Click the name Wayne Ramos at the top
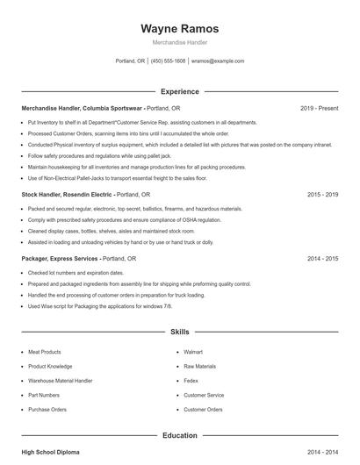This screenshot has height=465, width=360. tap(179, 29)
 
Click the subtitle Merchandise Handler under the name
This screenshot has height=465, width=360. tap(179, 43)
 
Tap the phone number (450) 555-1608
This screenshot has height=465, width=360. tap(168, 61)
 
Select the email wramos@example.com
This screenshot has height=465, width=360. tap(218, 61)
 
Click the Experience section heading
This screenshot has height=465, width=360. tap(179, 91)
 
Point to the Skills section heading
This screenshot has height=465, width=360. tap(179, 333)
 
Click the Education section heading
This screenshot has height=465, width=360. tap(179, 435)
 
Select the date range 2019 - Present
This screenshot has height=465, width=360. tap(319, 108)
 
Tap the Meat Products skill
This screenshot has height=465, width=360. tap(45, 352)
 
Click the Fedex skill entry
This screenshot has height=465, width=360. tap(191, 381)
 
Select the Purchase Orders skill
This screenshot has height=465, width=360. tap(47, 409)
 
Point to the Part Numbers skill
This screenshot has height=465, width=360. tap(43, 395)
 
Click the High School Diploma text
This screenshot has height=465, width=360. tap(50, 452)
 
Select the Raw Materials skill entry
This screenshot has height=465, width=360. tap(199, 366)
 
